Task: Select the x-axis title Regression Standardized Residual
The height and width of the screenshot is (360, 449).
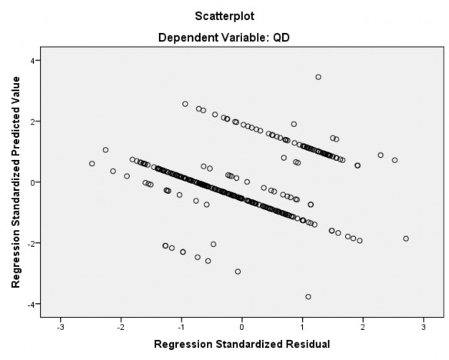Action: (242, 343)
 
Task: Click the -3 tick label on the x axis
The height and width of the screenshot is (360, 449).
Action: (60, 326)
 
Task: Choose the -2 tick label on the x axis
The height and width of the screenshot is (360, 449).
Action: (121, 326)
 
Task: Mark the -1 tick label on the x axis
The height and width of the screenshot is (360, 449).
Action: (181, 326)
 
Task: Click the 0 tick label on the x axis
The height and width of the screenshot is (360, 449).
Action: (242, 326)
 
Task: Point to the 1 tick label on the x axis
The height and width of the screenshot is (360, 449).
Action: (303, 326)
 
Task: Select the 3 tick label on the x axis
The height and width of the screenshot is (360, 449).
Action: (424, 326)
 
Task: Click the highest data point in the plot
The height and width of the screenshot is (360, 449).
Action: (318, 77)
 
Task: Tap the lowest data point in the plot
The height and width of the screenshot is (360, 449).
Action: (308, 297)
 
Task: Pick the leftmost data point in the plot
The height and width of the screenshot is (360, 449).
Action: (92, 164)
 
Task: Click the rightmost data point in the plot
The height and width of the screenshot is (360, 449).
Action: (406, 238)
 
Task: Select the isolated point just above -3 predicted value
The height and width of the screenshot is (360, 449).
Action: (238, 272)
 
